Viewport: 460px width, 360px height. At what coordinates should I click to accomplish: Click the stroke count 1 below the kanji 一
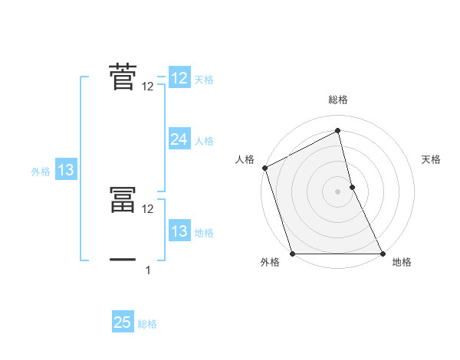(148, 270)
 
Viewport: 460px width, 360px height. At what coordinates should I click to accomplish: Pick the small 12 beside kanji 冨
(148, 208)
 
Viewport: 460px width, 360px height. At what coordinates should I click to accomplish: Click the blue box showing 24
(179, 139)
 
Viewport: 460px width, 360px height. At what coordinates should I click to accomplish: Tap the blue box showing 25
(123, 322)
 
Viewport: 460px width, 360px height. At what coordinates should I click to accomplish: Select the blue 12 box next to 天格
(179, 78)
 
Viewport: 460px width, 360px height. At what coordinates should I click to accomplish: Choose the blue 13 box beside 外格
(66, 171)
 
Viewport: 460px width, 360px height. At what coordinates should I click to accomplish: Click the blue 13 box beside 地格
(179, 231)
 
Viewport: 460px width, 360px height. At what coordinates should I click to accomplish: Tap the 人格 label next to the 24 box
(204, 140)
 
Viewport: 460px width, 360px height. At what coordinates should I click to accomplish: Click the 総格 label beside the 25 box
(147, 323)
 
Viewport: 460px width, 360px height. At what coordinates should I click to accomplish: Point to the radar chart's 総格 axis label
(338, 100)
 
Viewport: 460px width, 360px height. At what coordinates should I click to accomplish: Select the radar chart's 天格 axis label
(431, 159)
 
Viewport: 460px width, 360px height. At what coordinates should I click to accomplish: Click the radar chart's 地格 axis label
(402, 263)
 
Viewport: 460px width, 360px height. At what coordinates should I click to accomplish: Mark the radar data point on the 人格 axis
(264, 168)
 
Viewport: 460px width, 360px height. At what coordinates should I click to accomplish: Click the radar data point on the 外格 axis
(293, 254)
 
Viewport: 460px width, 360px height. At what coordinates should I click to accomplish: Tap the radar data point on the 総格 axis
(338, 130)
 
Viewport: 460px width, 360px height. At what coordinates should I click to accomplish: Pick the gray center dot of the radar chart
(338, 191)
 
